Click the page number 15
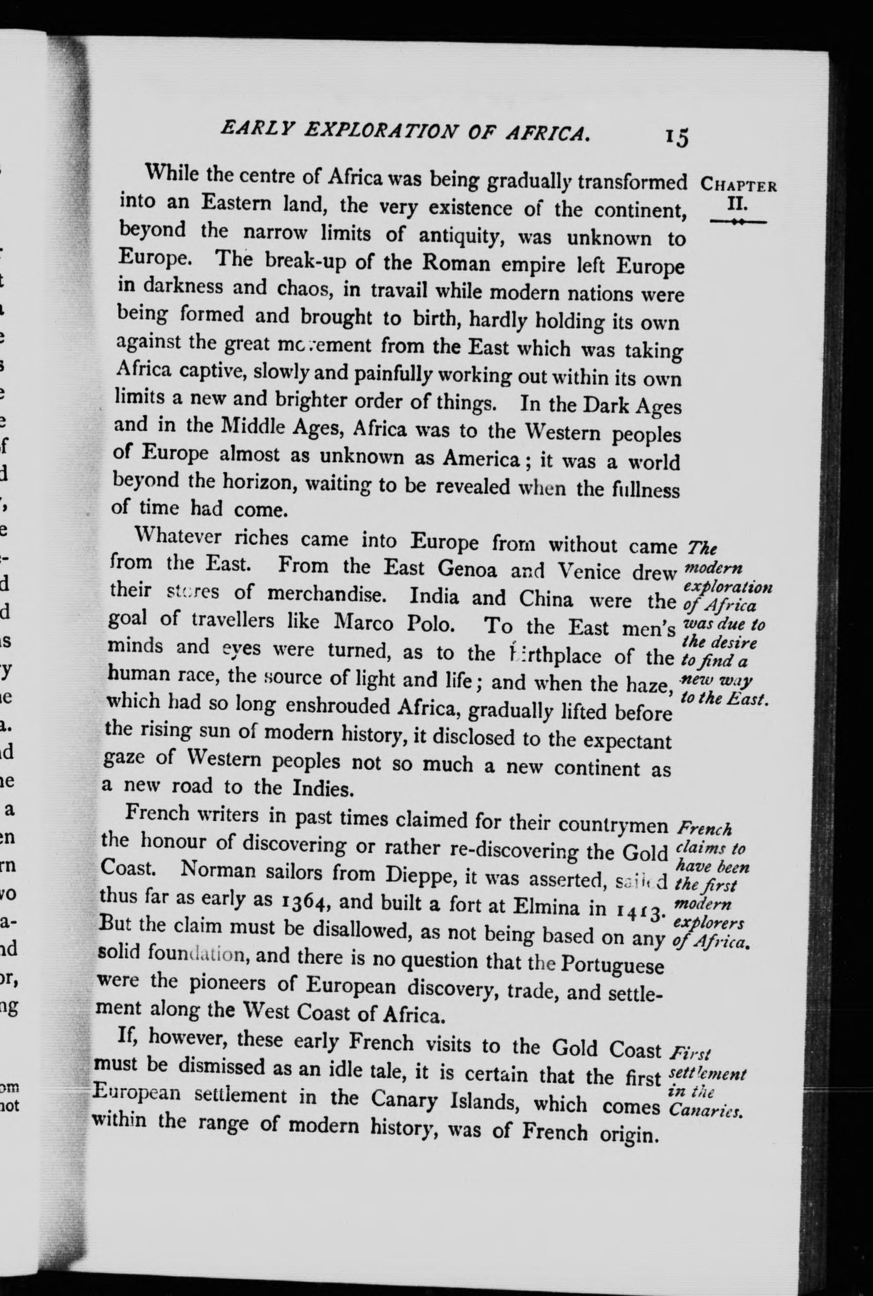tap(675, 136)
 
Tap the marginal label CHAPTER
tap(739, 184)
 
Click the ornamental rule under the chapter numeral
tap(738, 222)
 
